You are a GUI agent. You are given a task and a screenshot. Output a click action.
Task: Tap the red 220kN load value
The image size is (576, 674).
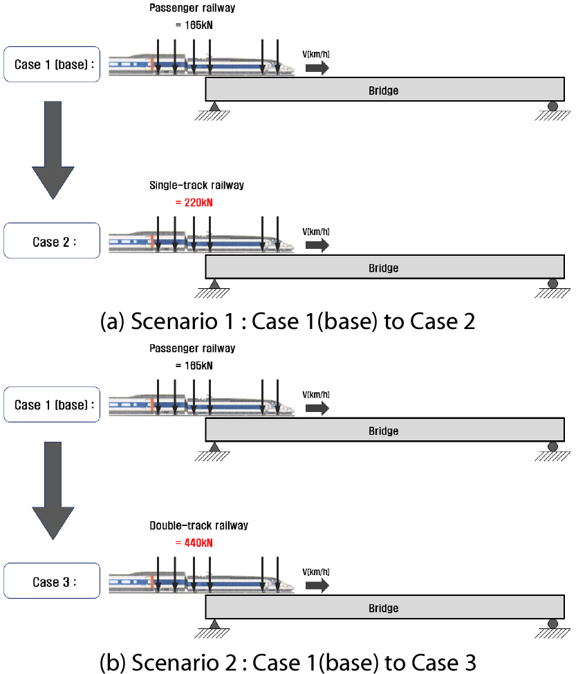(196, 203)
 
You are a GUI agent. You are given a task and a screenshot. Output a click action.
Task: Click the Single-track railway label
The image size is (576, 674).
(196, 185)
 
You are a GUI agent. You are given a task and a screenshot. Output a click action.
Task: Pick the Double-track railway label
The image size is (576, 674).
(198, 525)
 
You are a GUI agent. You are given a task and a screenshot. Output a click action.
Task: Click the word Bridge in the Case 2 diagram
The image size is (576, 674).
(383, 268)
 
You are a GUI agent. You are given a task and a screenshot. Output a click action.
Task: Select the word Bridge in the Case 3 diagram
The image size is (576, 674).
(383, 608)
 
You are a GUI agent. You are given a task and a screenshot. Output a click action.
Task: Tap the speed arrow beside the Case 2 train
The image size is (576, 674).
(317, 245)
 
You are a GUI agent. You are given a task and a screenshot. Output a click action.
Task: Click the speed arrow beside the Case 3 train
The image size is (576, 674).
(317, 585)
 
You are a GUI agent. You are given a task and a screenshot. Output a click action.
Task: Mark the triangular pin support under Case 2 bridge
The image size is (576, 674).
(214, 283)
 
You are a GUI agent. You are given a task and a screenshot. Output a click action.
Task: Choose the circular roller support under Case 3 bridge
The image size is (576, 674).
(552, 624)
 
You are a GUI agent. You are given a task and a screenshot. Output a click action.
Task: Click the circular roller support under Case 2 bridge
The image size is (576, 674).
(552, 283)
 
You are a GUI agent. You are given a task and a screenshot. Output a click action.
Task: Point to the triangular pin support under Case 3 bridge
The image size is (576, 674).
(214, 624)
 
